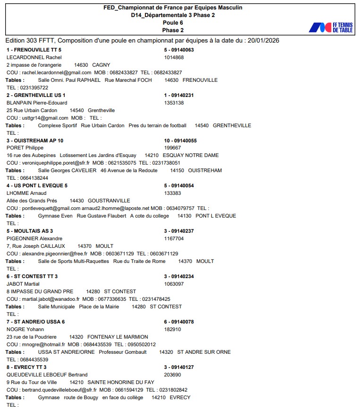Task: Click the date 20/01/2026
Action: click(x=262, y=40)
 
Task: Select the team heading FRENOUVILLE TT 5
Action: click(x=34, y=50)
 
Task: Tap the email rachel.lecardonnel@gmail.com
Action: click(x=56, y=72)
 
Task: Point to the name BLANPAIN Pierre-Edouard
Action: click(x=37, y=103)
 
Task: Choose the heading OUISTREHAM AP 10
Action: click(x=35, y=140)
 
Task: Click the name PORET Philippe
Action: click(x=25, y=148)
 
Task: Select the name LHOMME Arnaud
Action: click(x=26, y=193)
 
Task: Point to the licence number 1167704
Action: click(x=174, y=238)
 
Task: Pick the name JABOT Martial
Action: click(x=23, y=284)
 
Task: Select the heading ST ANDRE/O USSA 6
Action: click(x=36, y=322)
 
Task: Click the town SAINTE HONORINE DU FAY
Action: click(x=121, y=382)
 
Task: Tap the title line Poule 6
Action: click(x=173, y=23)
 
